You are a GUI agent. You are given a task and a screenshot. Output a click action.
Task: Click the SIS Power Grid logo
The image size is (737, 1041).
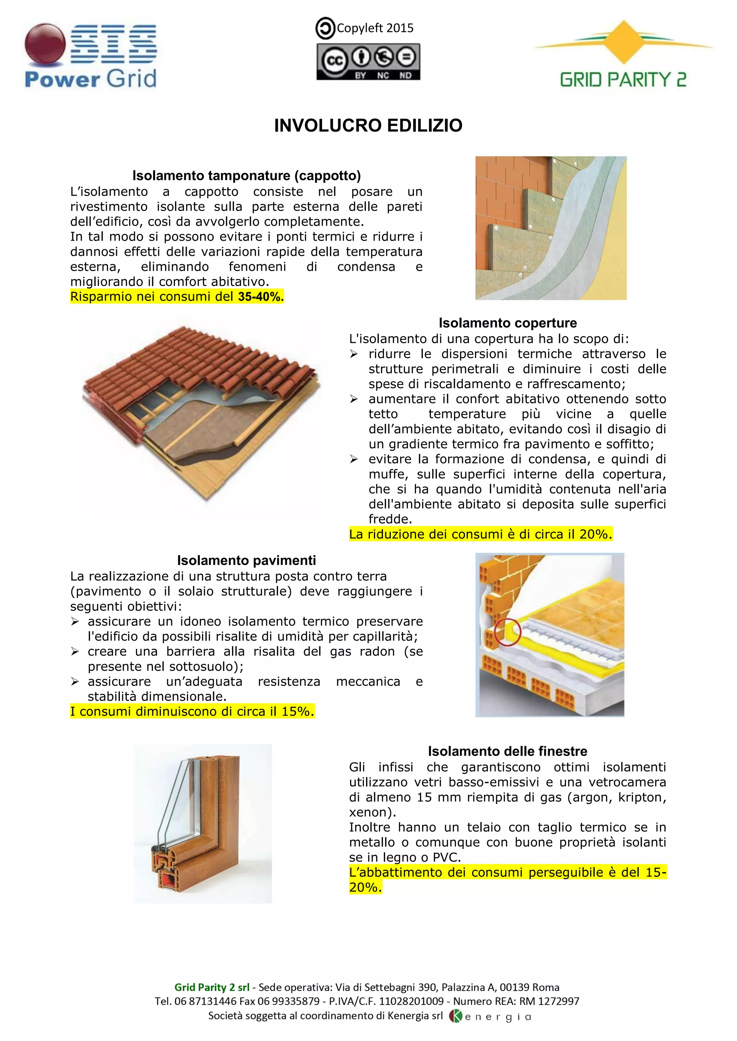coord(91,55)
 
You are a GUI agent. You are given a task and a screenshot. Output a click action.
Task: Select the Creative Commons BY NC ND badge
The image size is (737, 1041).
coord(368,62)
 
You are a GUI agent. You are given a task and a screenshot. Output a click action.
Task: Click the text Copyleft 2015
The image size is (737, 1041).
coord(375,28)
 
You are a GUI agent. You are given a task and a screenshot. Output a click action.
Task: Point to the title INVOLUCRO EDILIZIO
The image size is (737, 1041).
coord(368,125)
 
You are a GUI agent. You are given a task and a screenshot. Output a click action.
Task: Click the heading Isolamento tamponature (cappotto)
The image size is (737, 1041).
coord(247,175)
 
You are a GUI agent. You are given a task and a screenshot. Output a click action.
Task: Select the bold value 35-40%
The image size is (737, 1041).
coord(261,297)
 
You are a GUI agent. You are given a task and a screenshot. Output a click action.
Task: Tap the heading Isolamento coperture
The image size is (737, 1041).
coord(507,323)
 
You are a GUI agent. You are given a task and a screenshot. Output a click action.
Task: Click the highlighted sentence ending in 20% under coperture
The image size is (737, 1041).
coord(480,534)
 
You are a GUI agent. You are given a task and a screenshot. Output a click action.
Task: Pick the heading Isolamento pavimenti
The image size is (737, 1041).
coord(247,560)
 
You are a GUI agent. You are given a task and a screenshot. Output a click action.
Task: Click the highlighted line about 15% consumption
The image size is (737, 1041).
coord(192,711)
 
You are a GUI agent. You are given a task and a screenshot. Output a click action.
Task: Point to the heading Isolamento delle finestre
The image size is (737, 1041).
coord(507,751)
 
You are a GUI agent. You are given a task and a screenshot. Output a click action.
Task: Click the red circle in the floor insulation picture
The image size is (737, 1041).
coord(507,632)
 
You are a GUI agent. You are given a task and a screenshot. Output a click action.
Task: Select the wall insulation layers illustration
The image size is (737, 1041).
coord(551,228)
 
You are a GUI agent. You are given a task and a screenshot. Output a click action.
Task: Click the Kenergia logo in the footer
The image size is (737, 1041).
coord(490,1017)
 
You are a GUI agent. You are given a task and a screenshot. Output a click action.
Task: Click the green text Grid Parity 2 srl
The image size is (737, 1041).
coord(212,987)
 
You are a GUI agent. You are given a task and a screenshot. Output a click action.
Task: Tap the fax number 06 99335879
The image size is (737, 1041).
coord(297,1001)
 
